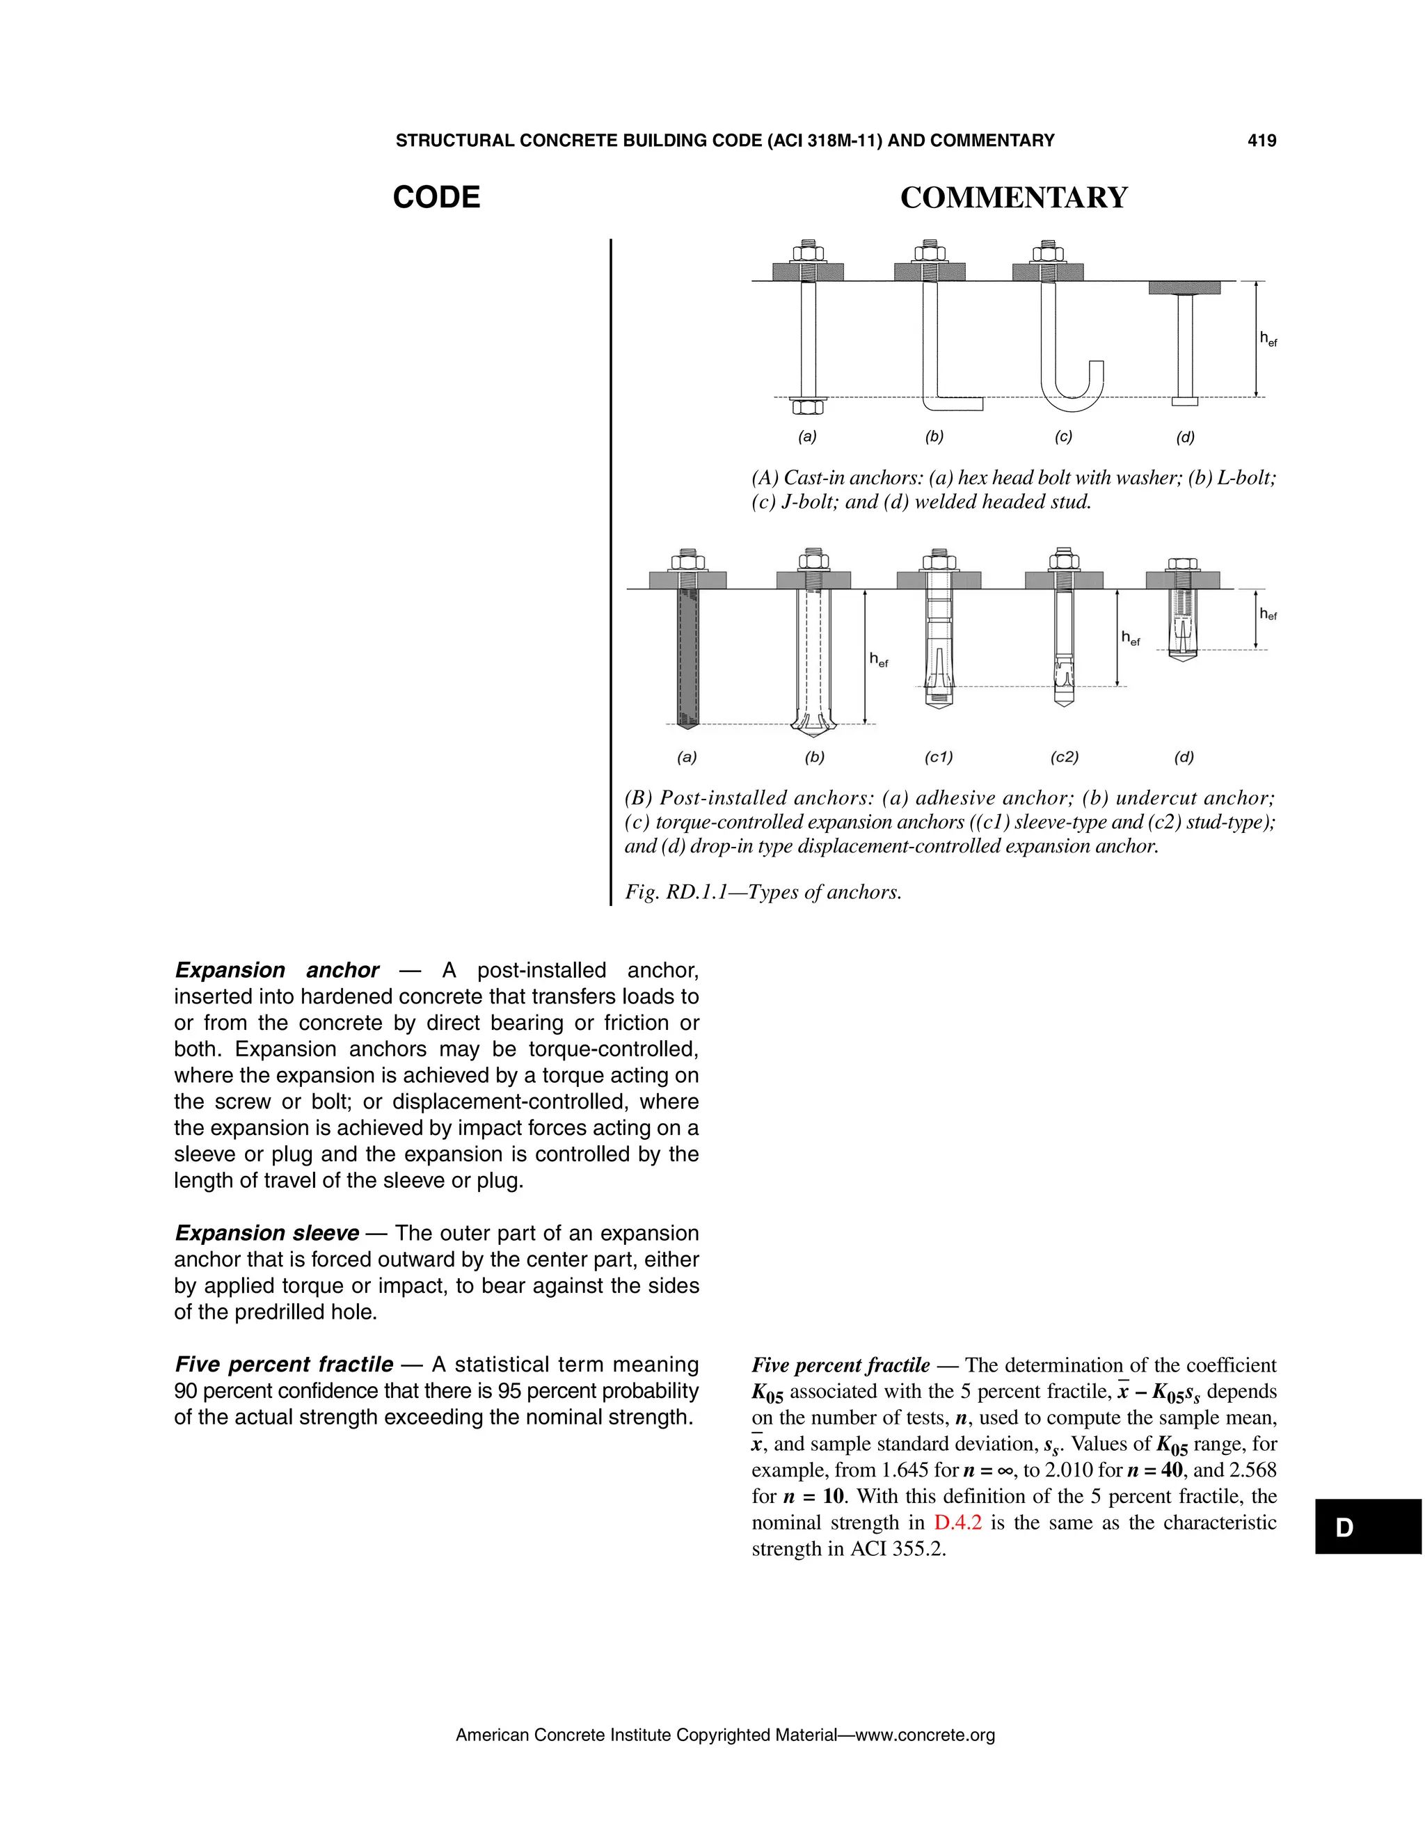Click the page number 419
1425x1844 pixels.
coord(1261,141)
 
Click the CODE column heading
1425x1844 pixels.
coord(436,198)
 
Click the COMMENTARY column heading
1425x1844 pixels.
coord(1013,198)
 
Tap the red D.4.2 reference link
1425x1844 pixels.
coord(957,1523)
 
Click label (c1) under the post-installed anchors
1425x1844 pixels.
coord(939,757)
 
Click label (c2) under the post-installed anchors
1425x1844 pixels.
coord(1065,757)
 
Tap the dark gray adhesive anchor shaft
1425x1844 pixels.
coord(687,658)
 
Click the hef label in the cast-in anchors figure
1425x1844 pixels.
coord(1268,340)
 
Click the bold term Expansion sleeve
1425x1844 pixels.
coord(266,1234)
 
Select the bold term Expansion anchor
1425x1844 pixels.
coord(277,970)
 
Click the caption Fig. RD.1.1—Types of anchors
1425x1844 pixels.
coord(763,893)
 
